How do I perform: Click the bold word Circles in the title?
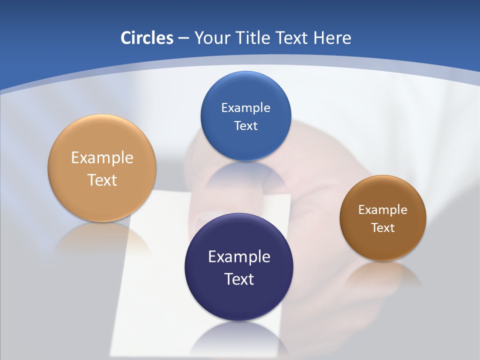coord(147,38)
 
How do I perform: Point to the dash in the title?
coord(183,38)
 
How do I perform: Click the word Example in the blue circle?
coord(245,107)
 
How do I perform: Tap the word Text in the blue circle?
coord(245,125)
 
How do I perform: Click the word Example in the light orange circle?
coord(102,157)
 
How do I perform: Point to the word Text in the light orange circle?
coord(102,180)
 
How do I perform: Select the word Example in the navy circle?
coord(239,256)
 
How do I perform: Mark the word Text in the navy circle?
coord(239,279)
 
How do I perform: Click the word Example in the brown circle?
coord(382,209)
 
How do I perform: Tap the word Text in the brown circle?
coord(382,227)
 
